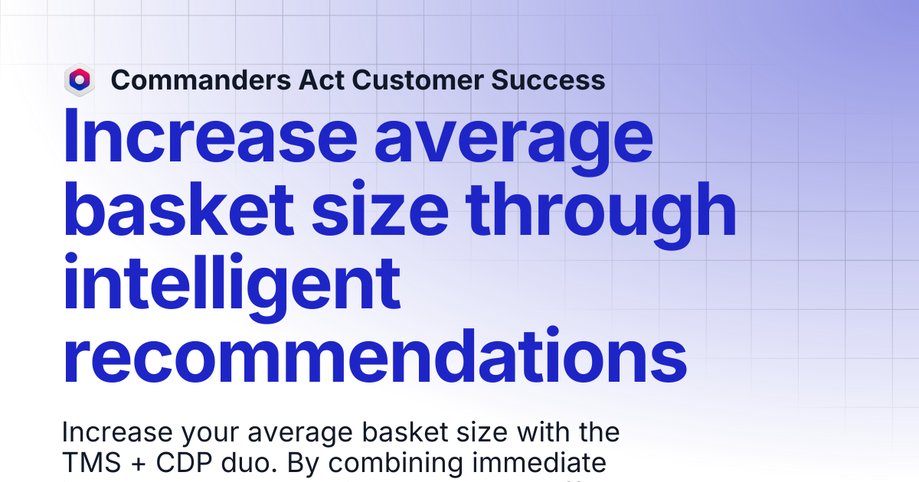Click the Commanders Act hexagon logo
click(80, 80)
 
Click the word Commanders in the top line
click(201, 80)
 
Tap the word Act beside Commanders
click(321, 80)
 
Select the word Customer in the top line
click(417, 80)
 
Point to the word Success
click(548, 80)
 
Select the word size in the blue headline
click(380, 209)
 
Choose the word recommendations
click(374, 355)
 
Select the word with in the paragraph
click(541, 432)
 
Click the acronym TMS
click(91, 463)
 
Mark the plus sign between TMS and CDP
click(139, 464)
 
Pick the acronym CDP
click(184, 463)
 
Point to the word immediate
click(539, 463)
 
